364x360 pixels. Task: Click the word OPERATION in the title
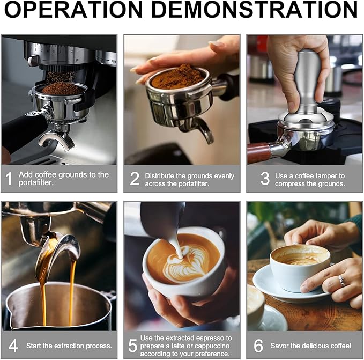click(x=73, y=10)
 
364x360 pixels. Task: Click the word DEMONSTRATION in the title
click(x=254, y=10)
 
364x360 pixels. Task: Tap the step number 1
click(x=9, y=179)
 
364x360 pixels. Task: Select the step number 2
click(x=135, y=179)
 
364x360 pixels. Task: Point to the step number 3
click(x=265, y=179)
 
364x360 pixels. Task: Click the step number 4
click(x=13, y=346)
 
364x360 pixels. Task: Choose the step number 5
click(x=133, y=346)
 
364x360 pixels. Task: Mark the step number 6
click(x=258, y=346)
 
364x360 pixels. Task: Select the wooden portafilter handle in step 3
click(x=258, y=152)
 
